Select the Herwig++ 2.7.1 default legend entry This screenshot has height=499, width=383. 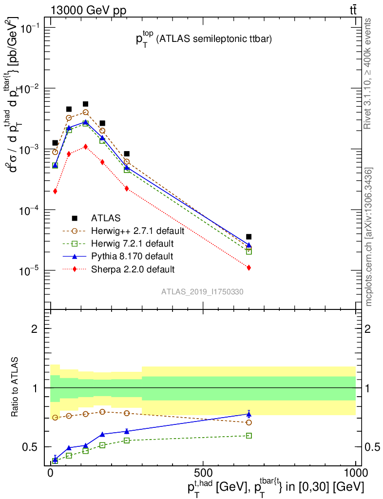(x=137, y=230)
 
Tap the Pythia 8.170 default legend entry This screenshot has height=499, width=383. (x=132, y=256)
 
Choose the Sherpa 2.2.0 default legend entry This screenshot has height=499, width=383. (x=132, y=269)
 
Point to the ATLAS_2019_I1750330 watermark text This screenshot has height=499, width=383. (x=202, y=292)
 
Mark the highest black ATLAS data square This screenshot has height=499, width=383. (x=85, y=104)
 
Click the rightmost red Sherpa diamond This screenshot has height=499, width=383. (x=249, y=268)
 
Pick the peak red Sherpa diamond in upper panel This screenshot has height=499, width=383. (x=85, y=146)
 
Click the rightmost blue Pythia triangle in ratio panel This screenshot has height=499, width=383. (x=249, y=414)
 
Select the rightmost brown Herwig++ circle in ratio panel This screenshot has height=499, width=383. (x=249, y=422)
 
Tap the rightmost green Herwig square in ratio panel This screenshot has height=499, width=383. (x=249, y=436)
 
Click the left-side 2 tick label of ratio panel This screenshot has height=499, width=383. (x=35, y=328)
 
